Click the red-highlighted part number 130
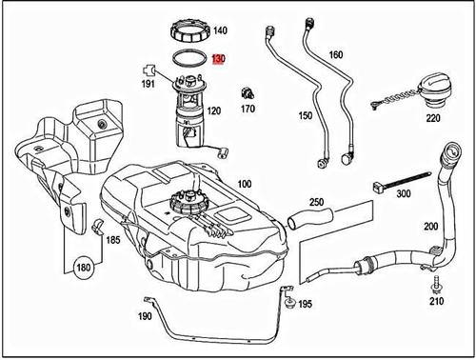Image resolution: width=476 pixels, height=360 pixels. click(x=218, y=59)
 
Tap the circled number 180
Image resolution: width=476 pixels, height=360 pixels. click(x=83, y=268)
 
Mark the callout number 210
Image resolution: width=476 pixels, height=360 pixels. click(x=436, y=302)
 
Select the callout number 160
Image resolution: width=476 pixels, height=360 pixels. click(x=335, y=54)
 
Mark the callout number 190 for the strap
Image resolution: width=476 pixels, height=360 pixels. click(x=144, y=315)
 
